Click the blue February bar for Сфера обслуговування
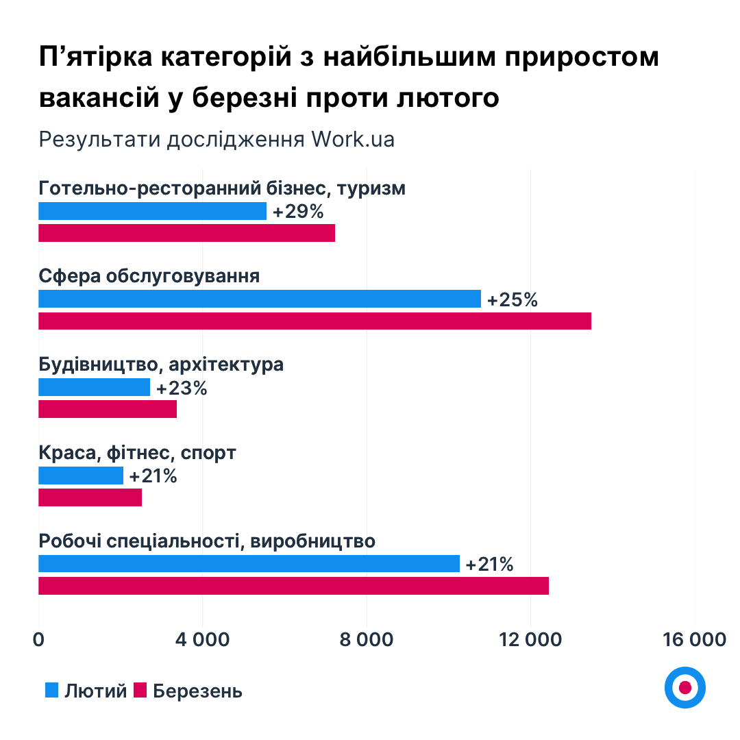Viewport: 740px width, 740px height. click(259, 299)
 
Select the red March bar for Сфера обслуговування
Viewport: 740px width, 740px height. click(314, 321)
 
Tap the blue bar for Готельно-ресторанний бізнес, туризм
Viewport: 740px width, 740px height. click(152, 211)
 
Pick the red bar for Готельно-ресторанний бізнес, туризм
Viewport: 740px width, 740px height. click(186, 233)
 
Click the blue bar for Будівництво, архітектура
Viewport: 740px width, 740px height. click(94, 387)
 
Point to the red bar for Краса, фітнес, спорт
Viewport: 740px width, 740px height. click(90, 497)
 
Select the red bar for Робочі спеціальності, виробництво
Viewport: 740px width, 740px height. click(293, 586)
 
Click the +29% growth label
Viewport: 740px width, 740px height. click(298, 212)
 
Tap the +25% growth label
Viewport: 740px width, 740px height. click(513, 299)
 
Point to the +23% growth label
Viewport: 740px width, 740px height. click(182, 388)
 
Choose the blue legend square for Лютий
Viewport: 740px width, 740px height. click(51, 690)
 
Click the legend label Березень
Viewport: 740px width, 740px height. click(197, 691)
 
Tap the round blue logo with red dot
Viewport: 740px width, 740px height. click(684, 687)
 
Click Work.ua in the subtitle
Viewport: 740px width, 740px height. click(353, 139)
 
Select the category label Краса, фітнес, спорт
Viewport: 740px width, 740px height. click(137, 453)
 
